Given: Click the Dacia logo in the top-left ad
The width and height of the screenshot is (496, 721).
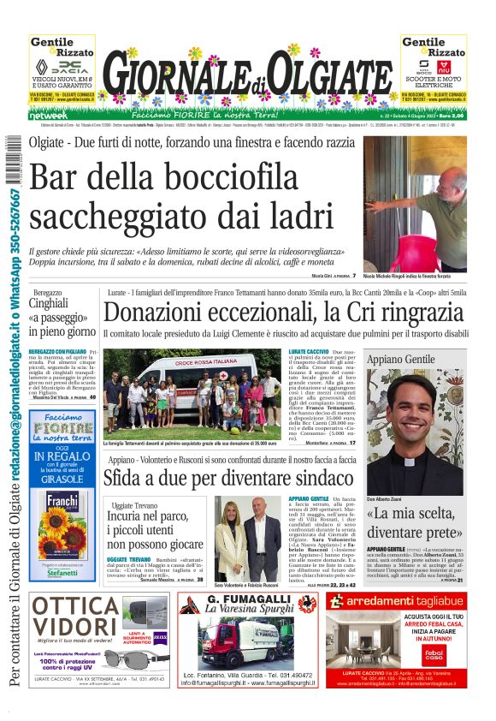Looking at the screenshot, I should coord(62,67).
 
